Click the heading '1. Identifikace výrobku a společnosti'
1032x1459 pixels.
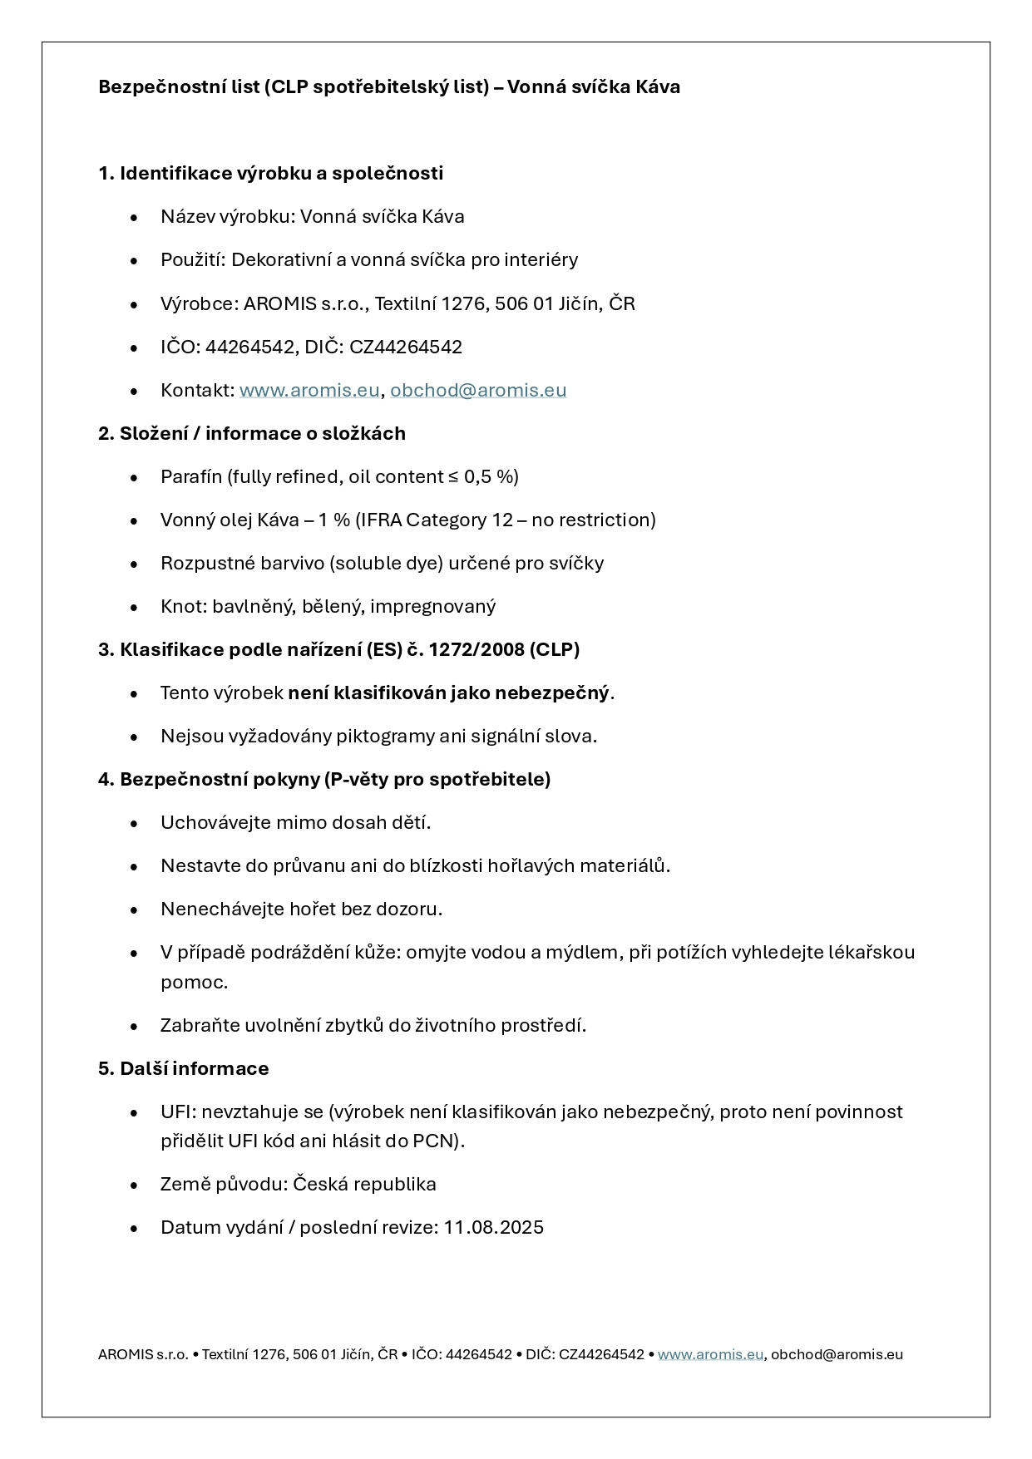[x=270, y=173]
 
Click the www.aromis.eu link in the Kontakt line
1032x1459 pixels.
[x=309, y=390]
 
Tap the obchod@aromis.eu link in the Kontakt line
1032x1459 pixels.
[x=478, y=390]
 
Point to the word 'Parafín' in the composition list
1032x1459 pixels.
[x=191, y=476]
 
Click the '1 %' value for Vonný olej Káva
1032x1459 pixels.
[x=333, y=520]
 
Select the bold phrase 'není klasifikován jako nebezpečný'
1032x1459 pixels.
[x=448, y=693]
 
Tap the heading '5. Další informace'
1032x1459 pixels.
[x=183, y=1068]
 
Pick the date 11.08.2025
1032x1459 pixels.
[x=493, y=1227]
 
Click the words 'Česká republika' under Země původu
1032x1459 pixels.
[x=364, y=1184]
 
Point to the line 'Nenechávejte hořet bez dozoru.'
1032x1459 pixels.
[x=301, y=909]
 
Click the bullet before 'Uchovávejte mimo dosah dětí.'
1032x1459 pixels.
[x=135, y=823]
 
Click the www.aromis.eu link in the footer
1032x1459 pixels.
[x=710, y=1354]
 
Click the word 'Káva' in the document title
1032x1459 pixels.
[x=658, y=86]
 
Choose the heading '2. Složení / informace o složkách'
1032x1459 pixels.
[x=252, y=433]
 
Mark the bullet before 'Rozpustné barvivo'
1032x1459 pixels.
[x=135, y=564]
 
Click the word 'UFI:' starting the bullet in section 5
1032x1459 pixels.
[x=178, y=1112]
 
